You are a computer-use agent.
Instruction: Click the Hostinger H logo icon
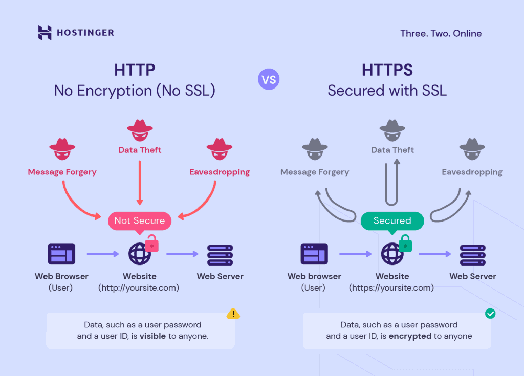coord(45,32)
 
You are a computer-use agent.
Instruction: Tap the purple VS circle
coord(269,79)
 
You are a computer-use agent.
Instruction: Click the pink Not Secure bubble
coord(140,221)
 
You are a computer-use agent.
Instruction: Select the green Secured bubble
coord(392,221)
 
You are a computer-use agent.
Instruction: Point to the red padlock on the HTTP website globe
coord(151,243)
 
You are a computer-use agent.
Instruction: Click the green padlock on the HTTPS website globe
coord(405,243)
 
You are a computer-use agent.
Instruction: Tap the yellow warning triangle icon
coord(233,314)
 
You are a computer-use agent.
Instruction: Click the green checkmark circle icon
coord(490,314)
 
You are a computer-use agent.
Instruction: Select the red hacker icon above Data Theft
coord(140,130)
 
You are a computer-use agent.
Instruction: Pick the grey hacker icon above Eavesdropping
coord(472,149)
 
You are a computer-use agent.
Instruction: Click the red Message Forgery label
coord(62,172)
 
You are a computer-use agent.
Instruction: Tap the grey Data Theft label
coord(392,150)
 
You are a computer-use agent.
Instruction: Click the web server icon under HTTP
coord(220,255)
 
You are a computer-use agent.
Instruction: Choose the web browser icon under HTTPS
coord(314,254)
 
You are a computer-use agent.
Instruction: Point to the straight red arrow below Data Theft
coord(140,183)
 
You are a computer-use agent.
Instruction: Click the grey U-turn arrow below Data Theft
coord(391,182)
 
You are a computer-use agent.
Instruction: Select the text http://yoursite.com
coord(139,288)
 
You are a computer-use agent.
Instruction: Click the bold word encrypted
coord(410,336)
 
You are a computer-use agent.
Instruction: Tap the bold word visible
coord(152,336)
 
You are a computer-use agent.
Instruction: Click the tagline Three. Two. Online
coord(441,33)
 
